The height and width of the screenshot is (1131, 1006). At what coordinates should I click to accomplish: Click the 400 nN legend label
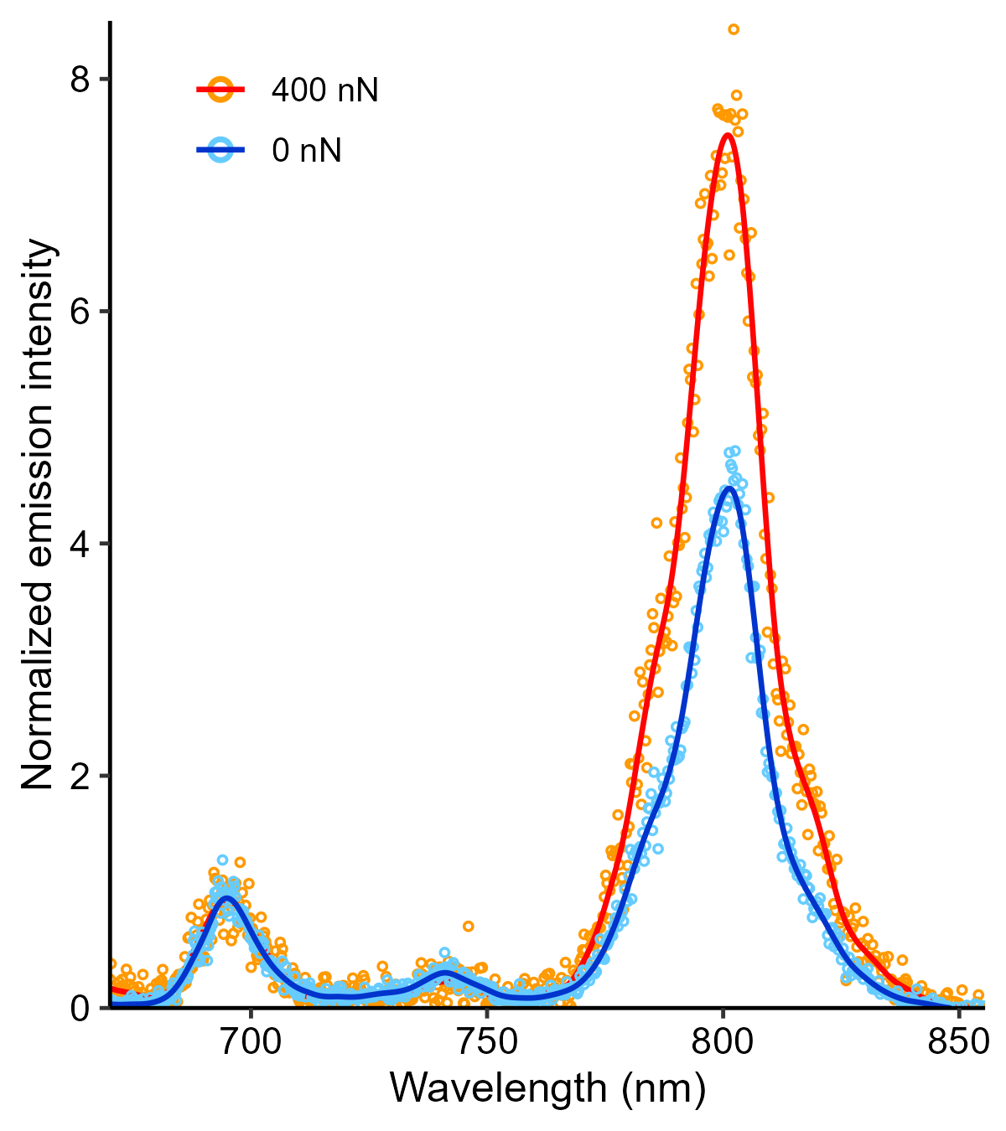pos(324,90)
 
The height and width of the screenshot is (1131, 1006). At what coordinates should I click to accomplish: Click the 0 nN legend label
pos(306,151)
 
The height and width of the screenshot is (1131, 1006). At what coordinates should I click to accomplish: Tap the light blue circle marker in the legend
pos(221,151)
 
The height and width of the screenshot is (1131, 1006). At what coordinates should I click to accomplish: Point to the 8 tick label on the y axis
pos(79,79)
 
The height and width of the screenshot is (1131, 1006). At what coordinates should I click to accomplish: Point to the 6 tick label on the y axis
pos(79,311)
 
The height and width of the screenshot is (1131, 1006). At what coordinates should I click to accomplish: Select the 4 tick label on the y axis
pos(79,543)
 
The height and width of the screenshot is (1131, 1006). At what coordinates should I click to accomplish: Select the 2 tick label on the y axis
pos(79,776)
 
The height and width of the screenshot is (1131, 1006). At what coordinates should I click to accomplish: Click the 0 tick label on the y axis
pos(79,1008)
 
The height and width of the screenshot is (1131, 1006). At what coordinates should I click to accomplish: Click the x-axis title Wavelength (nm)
pos(547,1088)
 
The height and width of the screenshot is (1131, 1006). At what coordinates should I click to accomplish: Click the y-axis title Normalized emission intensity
pos(39,514)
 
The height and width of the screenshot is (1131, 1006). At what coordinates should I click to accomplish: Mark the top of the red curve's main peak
pos(728,135)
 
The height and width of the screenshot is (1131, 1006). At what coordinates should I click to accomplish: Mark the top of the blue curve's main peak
pos(729,488)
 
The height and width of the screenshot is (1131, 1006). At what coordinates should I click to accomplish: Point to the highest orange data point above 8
pos(734,29)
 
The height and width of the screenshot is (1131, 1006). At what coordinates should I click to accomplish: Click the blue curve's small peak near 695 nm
pos(226,898)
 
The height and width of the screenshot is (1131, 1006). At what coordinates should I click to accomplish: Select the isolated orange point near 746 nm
pos(468,926)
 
